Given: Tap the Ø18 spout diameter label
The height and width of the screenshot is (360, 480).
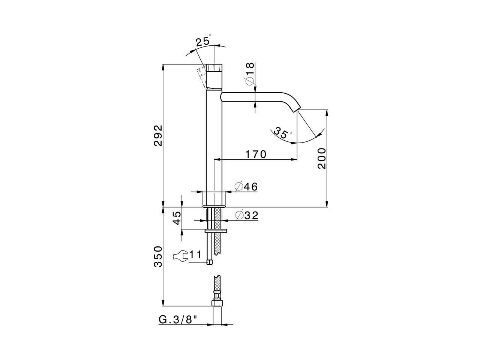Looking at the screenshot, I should coord(250,74).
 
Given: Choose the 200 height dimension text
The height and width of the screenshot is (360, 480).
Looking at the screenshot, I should coord(321,158).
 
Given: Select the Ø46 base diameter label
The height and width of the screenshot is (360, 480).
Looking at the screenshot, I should coord(246,186).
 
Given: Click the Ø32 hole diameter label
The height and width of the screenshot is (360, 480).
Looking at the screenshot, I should coord(246,215).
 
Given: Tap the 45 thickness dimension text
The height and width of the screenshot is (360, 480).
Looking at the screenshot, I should coord(177,217).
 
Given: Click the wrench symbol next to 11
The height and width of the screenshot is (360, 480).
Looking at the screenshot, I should coord(180,256).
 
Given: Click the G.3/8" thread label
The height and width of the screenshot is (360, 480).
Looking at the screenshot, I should coord(178,319).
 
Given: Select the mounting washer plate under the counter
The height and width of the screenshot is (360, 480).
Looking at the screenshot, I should coord(216,231).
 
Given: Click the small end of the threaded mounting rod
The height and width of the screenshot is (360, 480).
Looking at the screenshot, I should coord(210,262).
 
